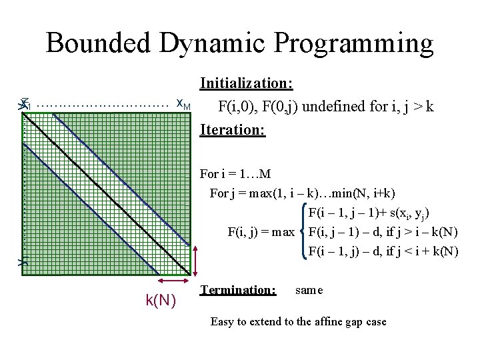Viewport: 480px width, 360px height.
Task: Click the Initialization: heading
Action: [246, 84]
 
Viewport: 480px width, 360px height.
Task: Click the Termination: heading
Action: [238, 290]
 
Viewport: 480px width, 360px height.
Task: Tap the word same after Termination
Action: [309, 290]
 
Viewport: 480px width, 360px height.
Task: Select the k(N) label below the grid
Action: [161, 301]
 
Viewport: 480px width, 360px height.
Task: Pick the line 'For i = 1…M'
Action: [235, 175]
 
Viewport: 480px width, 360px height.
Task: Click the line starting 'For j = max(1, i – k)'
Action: [302, 193]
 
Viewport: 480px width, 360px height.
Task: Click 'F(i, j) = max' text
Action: [261, 232]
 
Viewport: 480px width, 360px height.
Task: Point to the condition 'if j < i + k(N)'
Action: [419, 251]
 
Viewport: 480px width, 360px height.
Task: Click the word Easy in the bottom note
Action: [222, 321]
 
